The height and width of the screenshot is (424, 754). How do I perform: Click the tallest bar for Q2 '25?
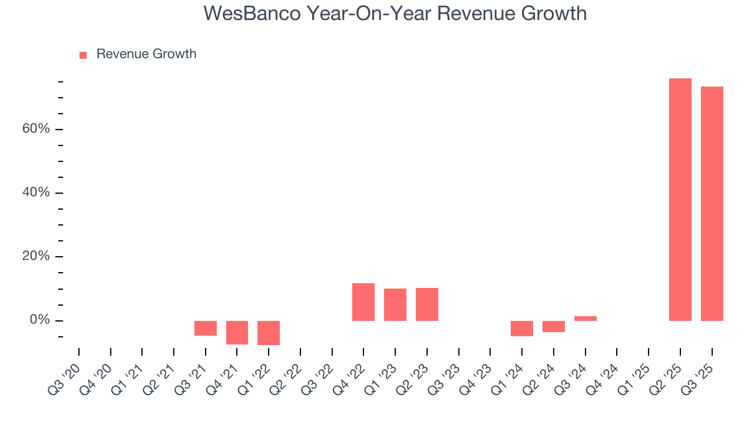680,200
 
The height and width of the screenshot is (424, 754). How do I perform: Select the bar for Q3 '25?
712,204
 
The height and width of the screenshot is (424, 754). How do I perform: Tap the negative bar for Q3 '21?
206,328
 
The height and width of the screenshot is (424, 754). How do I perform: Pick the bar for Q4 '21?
237,332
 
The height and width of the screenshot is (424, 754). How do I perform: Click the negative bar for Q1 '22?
269,333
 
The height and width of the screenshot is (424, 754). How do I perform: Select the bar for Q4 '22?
363,302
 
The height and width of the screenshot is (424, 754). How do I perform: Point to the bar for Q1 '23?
395,304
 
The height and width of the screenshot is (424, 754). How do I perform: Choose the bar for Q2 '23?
427,304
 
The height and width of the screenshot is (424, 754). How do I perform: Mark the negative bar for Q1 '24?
522,328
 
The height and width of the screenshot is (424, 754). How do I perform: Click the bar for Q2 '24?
554,326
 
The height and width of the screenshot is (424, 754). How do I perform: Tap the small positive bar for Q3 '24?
586,319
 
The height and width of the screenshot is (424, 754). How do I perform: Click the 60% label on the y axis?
36,129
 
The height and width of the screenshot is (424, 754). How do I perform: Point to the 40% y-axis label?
36,193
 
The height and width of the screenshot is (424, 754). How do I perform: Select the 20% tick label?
36,256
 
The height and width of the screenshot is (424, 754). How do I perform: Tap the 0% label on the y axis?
39,320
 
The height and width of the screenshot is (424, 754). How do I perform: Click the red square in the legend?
83,55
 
